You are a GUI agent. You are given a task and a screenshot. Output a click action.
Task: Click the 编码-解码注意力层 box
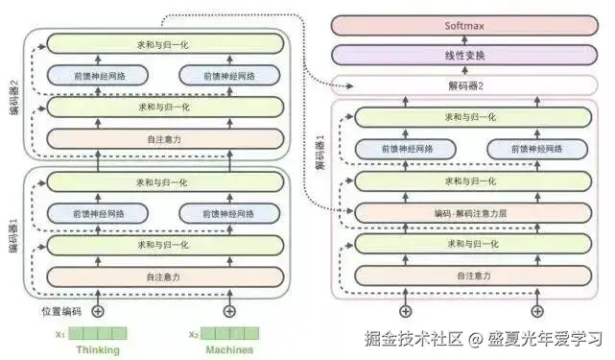coord(470,212)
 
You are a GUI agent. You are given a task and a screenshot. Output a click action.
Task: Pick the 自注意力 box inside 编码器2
coord(166,138)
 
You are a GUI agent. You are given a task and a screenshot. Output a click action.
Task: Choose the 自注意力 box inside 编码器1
coord(166,277)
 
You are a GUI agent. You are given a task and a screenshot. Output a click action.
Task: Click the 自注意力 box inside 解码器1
coord(470,276)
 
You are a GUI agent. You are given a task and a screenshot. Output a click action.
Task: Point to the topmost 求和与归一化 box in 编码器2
coord(166,43)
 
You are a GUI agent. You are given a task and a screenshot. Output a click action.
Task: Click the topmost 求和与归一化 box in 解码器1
coord(470,117)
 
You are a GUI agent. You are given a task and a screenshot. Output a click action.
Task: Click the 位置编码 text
coord(62,310)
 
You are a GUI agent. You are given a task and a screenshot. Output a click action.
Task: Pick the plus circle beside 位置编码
coord(97,310)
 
